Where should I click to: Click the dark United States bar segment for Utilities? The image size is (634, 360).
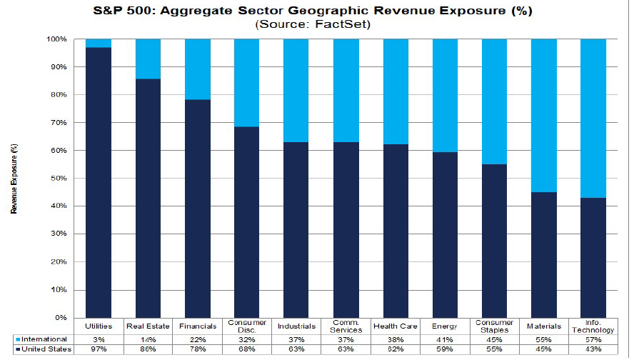99,182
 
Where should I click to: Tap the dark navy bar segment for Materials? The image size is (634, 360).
543,254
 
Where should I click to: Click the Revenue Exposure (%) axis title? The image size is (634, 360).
14,179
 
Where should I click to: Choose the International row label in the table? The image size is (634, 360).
44,339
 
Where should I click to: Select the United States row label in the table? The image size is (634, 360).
44,350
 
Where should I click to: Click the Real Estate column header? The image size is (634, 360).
148,326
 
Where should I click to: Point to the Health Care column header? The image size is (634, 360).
395,326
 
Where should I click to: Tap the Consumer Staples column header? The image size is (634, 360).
494,326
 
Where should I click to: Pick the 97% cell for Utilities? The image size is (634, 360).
99,350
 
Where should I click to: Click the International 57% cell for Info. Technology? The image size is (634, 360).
593,339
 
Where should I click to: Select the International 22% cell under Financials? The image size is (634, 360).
197,339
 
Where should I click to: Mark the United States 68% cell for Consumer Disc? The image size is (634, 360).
246,350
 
